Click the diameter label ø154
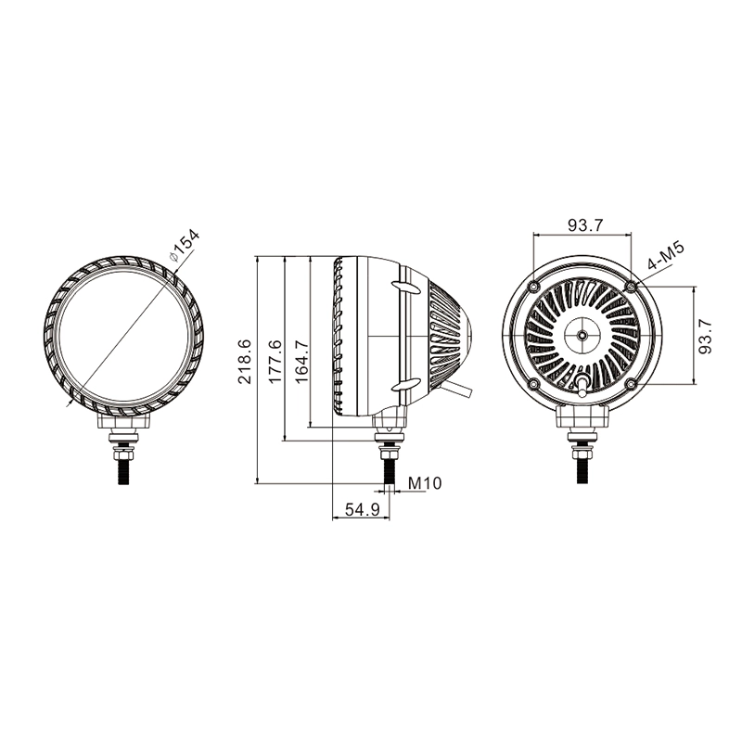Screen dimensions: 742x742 (x=185, y=245)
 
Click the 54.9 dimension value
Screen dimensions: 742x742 (x=362, y=509)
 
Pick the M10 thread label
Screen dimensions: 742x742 (x=425, y=483)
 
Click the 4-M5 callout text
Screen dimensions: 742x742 (x=666, y=256)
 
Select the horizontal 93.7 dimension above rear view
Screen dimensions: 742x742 (x=585, y=225)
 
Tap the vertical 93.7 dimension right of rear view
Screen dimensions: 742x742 (x=705, y=336)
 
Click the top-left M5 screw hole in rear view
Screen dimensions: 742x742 (x=534, y=287)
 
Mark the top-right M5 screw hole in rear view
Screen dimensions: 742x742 (x=631, y=287)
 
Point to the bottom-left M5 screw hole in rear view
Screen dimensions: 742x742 (x=534, y=383)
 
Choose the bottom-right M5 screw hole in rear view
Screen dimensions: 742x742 (x=631, y=383)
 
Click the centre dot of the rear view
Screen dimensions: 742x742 (x=582, y=335)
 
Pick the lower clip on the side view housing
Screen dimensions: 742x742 (x=405, y=385)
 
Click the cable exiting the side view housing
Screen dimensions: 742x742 (x=456, y=390)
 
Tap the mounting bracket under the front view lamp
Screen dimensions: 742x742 (x=123, y=421)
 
